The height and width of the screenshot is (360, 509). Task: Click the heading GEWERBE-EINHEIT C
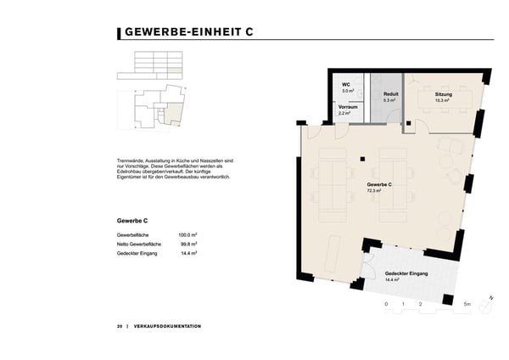pos(187,33)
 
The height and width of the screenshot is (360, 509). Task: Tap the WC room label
pos(346,86)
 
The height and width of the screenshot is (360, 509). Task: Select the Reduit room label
pos(391,93)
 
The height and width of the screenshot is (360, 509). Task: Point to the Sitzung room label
pos(444,93)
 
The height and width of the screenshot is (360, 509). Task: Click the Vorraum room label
pos(348,106)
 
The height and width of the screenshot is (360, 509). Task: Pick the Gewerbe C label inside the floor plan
pos(378,184)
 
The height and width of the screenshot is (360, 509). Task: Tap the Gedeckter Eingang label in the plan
pos(406,273)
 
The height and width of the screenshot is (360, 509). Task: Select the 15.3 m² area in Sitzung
pos(442,100)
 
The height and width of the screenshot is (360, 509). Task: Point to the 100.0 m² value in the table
pos(187,234)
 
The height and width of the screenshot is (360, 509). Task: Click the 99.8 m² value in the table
pos(188,244)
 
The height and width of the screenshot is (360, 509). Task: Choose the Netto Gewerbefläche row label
pos(141,244)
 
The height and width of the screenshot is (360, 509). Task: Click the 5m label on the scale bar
pos(467,303)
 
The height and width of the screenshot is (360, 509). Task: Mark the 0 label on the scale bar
pos(386,303)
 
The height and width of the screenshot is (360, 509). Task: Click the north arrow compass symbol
pos(490,299)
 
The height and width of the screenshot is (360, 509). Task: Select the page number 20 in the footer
pos(120,326)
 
